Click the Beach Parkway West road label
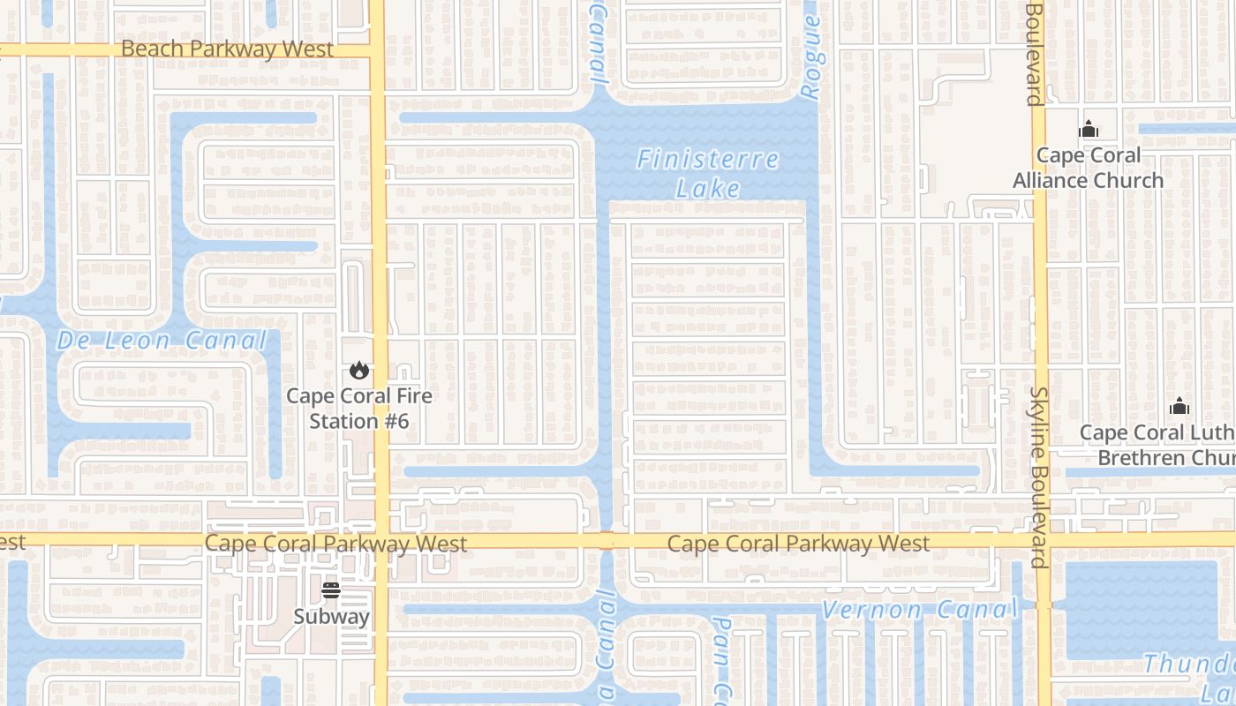[227, 49]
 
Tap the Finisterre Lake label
[708, 173]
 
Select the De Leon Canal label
[162, 341]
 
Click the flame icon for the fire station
[358, 371]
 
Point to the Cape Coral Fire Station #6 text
[358, 408]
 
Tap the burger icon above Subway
[331, 590]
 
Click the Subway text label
[331, 616]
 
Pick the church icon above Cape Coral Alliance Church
[1088, 130]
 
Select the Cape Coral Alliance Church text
[1088, 168]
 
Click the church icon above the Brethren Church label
[1179, 407]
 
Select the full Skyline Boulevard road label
[1040, 477]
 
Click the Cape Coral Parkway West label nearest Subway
[335, 543]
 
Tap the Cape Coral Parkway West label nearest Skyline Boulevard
[798, 544]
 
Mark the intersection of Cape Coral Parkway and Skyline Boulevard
[1043, 539]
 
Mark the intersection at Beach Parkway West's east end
[378, 50]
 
